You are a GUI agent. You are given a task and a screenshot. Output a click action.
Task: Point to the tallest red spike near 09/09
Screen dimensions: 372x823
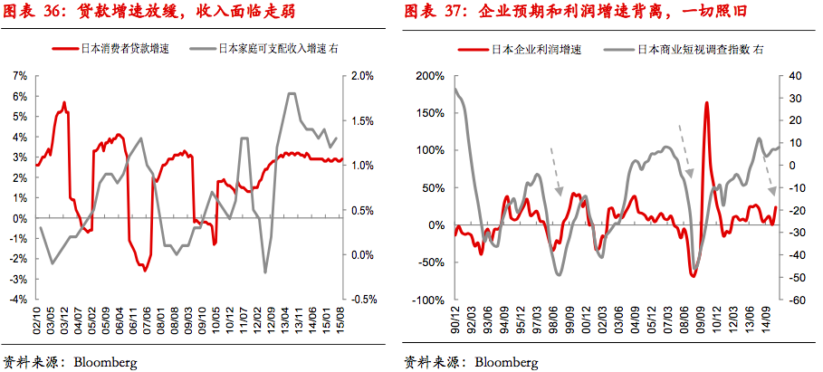[x=705, y=103]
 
